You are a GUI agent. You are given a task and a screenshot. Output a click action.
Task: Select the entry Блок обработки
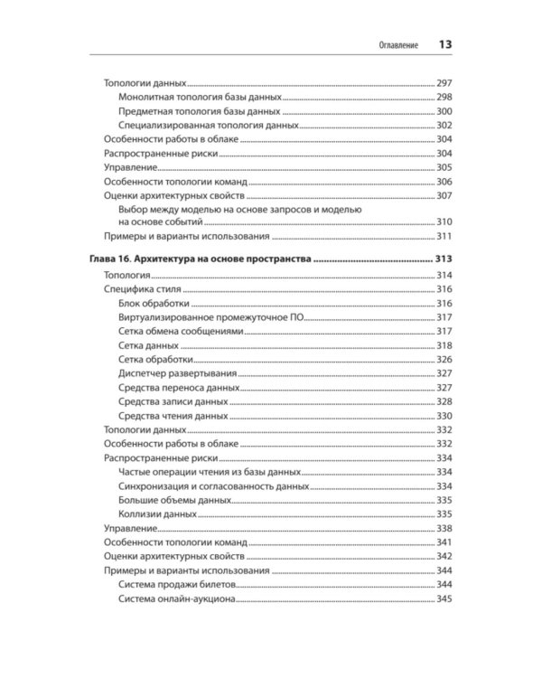point(153,303)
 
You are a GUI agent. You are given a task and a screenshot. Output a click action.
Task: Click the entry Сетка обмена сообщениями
point(181,332)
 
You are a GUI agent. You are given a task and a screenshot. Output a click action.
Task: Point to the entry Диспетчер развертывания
point(178,373)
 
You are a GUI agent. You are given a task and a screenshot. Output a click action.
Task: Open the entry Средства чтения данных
point(173,416)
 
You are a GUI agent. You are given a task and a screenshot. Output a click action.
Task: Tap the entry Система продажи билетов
point(176,584)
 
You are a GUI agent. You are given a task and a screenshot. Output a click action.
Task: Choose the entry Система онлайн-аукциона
point(177,598)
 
